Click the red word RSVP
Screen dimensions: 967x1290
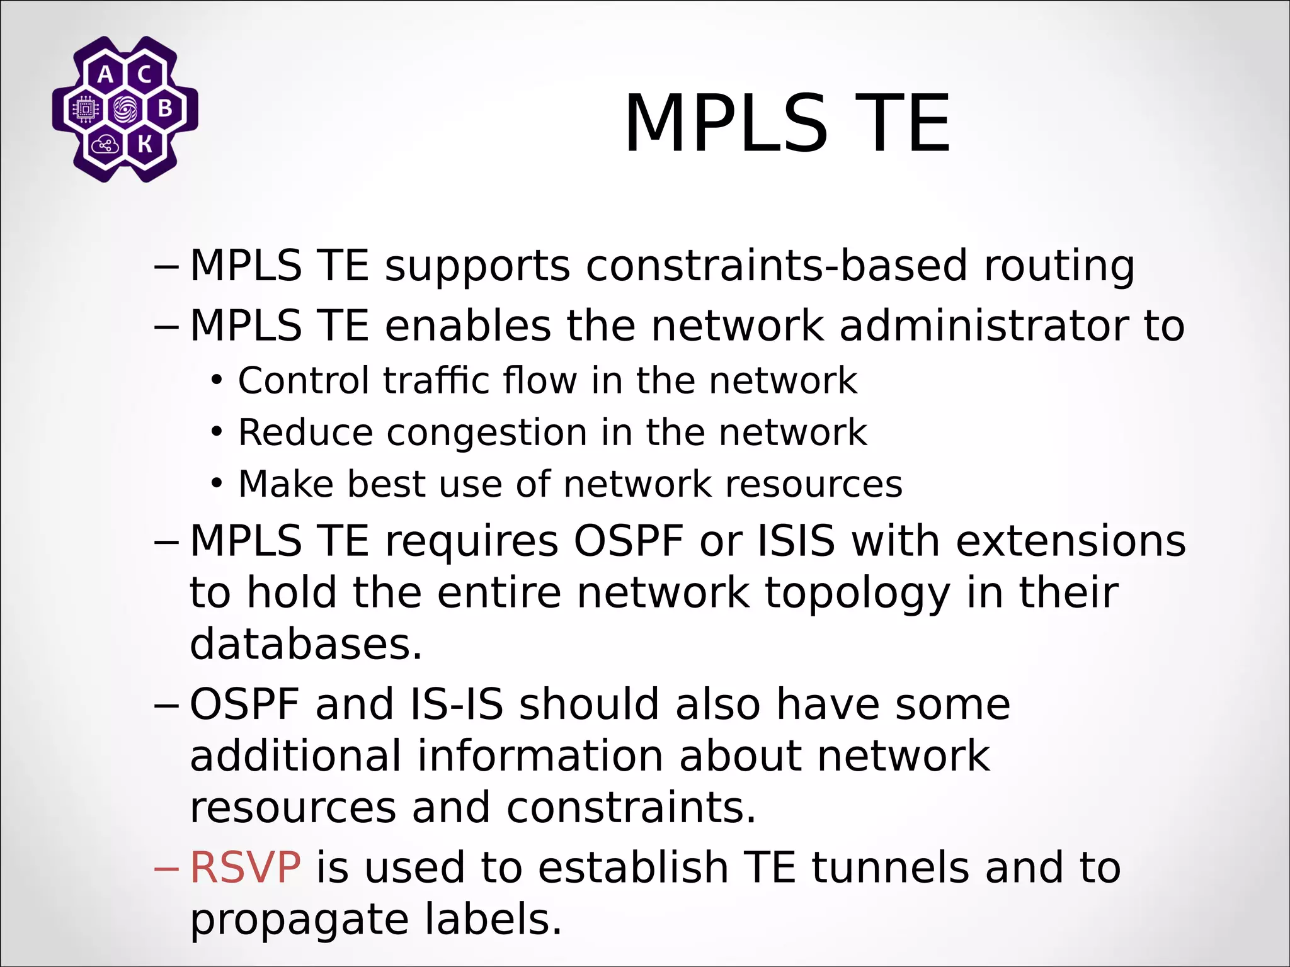click(245, 868)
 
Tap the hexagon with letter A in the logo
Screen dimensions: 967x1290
click(106, 75)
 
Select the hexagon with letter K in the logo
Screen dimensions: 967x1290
click(144, 145)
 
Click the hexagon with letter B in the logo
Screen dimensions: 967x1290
click(164, 110)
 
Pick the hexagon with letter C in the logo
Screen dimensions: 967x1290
click(144, 75)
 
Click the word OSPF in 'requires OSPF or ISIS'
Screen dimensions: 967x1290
click(628, 541)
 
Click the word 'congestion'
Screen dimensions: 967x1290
click(487, 433)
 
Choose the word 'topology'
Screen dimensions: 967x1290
click(857, 593)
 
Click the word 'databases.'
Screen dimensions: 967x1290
click(306, 644)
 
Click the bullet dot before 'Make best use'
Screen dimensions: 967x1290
click(217, 484)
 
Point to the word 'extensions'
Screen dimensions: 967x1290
click(1071, 541)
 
